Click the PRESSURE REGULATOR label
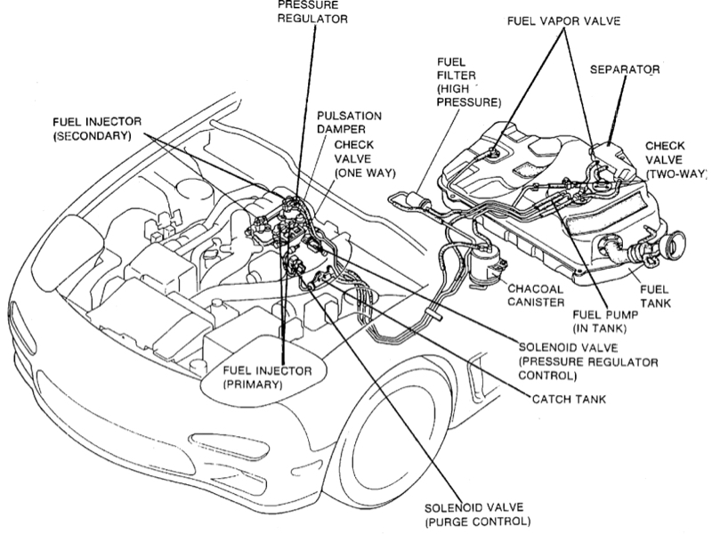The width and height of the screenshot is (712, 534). click(x=312, y=12)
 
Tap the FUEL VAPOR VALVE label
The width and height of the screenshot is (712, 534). click(x=563, y=20)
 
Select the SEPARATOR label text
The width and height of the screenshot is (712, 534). click(x=625, y=69)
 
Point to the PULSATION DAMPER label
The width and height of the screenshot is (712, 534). click(x=349, y=123)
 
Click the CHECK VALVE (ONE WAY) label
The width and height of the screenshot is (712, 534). click(x=365, y=159)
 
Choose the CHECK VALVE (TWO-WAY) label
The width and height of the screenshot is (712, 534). click(x=676, y=160)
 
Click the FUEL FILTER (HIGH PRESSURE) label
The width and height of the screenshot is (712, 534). click(x=469, y=82)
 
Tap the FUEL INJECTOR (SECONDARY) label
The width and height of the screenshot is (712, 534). click(x=97, y=129)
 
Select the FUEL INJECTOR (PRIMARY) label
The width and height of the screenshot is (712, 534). click(x=268, y=377)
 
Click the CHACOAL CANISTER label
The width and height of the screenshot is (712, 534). click(x=536, y=295)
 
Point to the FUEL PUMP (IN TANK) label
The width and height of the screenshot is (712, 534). click(x=605, y=321)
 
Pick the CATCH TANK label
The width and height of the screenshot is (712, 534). click(x=569, y=399)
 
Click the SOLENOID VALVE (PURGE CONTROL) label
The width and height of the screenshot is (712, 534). click(x=477, y=514)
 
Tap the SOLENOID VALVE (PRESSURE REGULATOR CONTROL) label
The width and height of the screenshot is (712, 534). click(x=588, y=362)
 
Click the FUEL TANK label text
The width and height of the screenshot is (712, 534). click(x=655, y=296)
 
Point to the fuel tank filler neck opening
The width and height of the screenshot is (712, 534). click(x=673, y=247)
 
